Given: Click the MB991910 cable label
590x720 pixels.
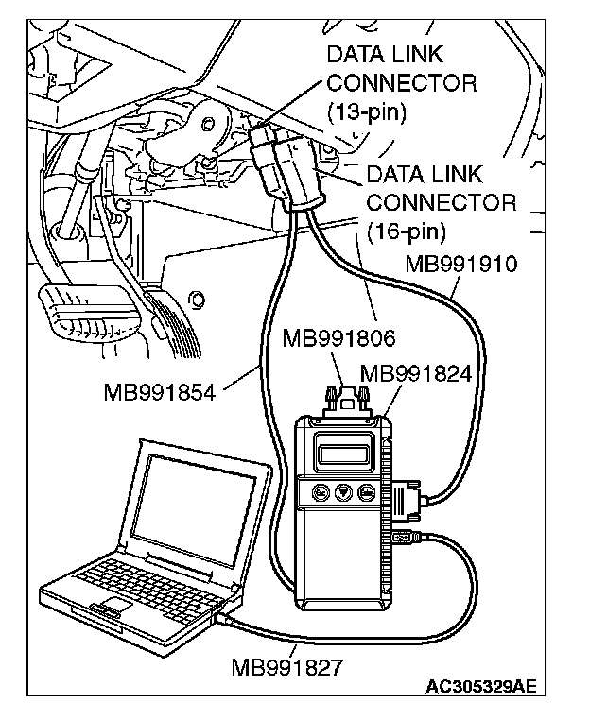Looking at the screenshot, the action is [x=460, y=264].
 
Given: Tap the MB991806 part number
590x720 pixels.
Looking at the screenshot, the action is [x=338, y=338].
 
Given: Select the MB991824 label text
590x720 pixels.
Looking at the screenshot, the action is [x=415, y=374].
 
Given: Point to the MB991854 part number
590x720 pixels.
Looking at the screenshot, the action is [x=160, y=393].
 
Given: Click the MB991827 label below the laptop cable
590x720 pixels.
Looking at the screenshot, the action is [x=287, y=667].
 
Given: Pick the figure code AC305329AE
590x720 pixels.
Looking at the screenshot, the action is [x=481, y=687].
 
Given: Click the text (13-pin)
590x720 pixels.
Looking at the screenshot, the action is [x=366, y=111].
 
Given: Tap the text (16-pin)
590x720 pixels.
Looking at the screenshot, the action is [x=407, y=231].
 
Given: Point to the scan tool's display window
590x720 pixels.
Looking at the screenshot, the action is [x=343, y=454].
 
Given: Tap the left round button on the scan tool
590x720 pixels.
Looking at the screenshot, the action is [x=321, y=492].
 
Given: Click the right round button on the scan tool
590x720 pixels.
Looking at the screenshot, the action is [x=366, y=492].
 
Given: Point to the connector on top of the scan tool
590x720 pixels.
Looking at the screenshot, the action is [x=346, y=402].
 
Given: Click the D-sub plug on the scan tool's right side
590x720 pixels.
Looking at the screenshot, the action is [x=408, y=500].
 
